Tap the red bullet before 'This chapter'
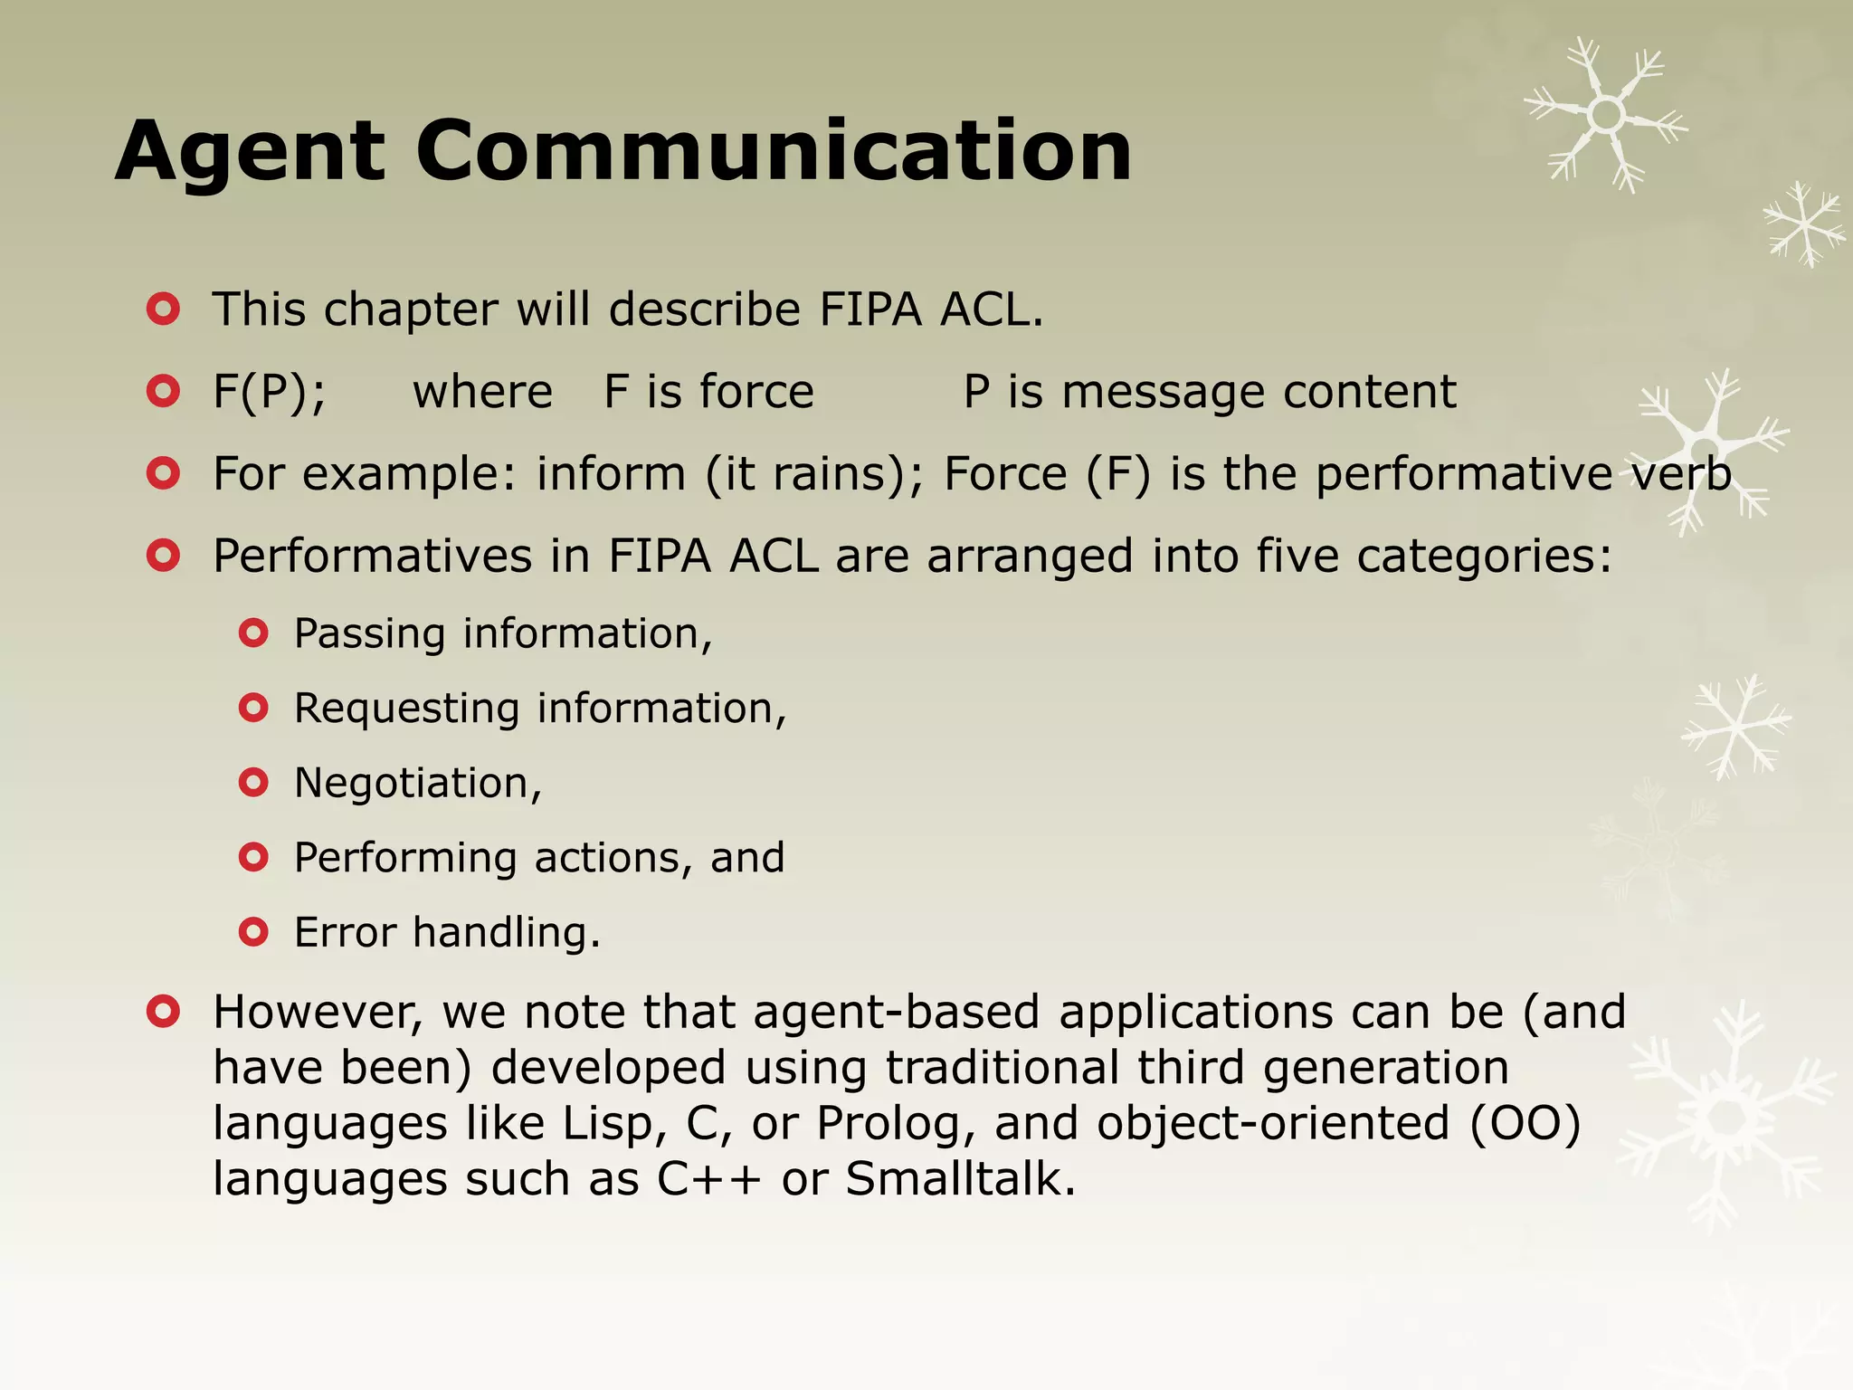click(163, 309)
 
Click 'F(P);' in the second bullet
click(269, 392)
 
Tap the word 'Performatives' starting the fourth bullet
click(372, 556)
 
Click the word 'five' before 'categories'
click(1297, 556)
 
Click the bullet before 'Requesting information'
click(253, 708)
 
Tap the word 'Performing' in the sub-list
click(404, 858)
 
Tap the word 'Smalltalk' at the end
click(960, 1179)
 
